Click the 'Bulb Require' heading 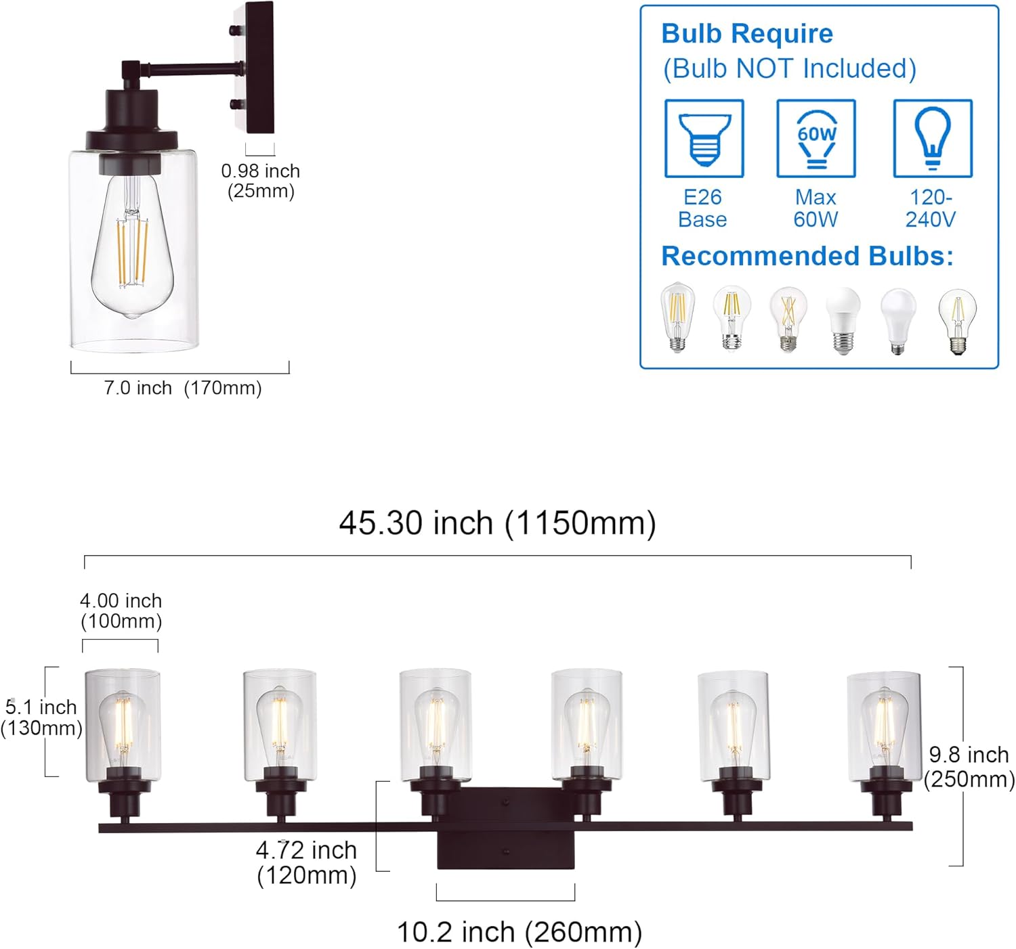point(746,34)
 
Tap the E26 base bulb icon point(704,139)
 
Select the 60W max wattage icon point(816,139)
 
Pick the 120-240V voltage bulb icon point(932,139)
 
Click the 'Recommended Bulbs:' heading point(807,257)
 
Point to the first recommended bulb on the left point(677,317)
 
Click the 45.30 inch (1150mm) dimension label point(497,523)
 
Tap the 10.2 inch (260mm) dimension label point(519,932)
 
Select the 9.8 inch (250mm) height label point(969,767)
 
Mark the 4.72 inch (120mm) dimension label point(306,862)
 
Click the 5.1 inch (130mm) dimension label point(41,717)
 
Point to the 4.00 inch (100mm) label point(121,611)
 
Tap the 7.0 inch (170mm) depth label point(182,388)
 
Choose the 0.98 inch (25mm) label point(261,181)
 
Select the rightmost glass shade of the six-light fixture point(884,724)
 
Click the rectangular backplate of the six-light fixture point(505,828)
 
